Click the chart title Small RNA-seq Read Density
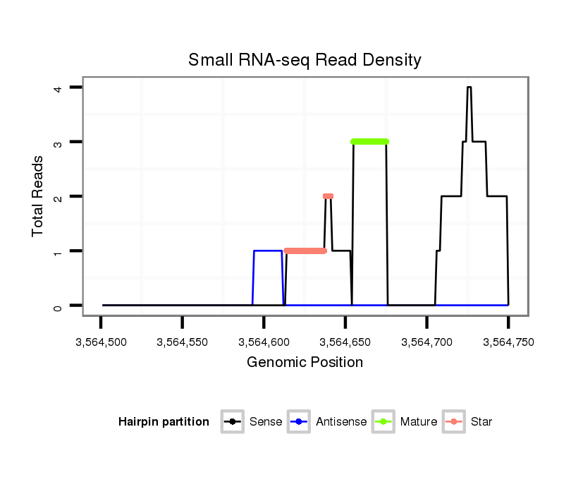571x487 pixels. tap(305, 60)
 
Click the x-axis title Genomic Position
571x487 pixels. tap(305, 363)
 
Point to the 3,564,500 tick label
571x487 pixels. tap(101, 342)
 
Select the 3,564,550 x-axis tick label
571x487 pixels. tap(182, 342)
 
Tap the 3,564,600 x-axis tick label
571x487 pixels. tap(264, 342)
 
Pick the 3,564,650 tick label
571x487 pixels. tap(345, 342)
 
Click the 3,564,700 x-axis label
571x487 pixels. tap(426, 342)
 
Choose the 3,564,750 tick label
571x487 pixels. tap(508, 342)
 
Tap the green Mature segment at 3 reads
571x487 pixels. tap(369, 141)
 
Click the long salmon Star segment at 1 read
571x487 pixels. tap(305, 251)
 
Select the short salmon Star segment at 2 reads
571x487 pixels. tap(328, 196)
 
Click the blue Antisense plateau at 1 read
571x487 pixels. tap(268, 251)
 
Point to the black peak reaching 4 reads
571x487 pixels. tap(469, 88)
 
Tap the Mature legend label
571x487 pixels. tap(419, 422)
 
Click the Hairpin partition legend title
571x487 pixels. tap(164, 422)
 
